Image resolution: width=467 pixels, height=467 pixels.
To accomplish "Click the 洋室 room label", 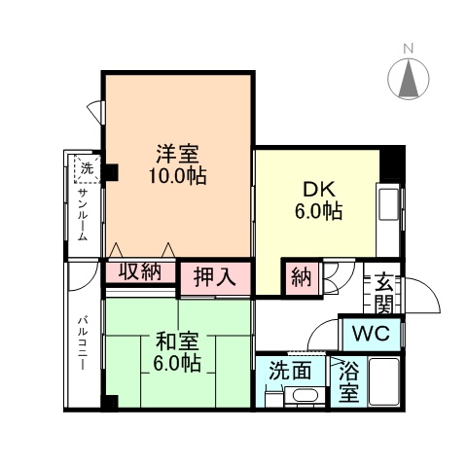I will click(177, 155).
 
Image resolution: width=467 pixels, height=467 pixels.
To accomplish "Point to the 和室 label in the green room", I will click(177, 342).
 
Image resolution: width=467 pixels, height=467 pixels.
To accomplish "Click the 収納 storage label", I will click(140, 271).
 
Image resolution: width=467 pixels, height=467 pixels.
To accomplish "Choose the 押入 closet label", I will click(214, 277).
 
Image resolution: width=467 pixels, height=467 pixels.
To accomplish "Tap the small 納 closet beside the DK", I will click(301, 278).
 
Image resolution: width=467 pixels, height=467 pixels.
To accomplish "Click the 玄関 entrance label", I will click(383, 293).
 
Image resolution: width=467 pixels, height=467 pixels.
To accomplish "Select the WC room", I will click(371, 333).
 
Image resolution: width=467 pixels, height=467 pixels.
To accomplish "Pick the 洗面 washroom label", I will click(291, 371).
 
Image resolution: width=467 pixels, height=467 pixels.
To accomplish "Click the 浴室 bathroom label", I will click(347, 382).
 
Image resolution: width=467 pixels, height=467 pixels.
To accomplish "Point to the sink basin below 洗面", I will click(305, 397).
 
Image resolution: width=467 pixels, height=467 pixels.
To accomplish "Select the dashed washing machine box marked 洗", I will click(87, 169).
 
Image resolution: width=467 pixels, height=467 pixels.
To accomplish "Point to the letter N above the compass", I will click(410, 48).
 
